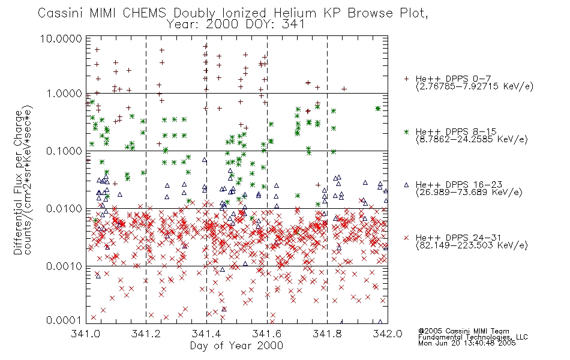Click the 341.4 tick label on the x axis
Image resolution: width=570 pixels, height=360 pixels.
pos(207,334)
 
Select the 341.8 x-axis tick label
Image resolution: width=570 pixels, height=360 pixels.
pos(327,334)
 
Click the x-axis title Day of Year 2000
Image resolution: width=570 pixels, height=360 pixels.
pos(236,346)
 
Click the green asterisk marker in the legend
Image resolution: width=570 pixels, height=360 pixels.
pos(406,131)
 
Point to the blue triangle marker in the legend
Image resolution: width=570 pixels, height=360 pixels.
pos(406,184)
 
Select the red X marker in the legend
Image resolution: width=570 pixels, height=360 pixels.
pos(406,238)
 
